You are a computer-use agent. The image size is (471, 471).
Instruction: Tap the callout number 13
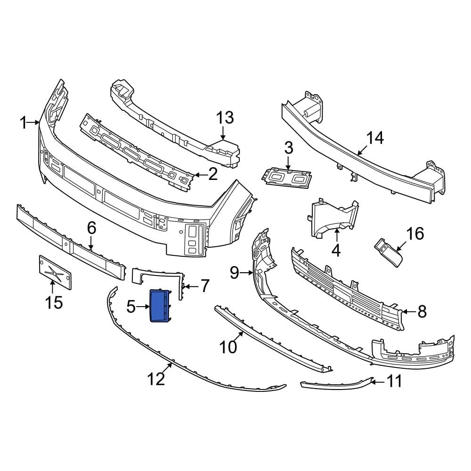tap(225, 118)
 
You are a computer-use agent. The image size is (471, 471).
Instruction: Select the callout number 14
tap(375, 138)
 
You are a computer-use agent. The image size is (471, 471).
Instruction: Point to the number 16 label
tap(415, 233)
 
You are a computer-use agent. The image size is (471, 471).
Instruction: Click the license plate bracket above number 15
tap(55, 272)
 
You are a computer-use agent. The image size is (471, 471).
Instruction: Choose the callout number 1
tap(24, 123)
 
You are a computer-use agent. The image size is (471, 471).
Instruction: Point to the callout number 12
tap(156, 378)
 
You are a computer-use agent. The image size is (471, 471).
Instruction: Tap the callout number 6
tap(91, 228)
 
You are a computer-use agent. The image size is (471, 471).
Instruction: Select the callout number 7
tap(204, 286)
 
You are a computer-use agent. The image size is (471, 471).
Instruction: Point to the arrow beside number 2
tap(198, 175)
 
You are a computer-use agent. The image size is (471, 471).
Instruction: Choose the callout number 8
tap(421, 311)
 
